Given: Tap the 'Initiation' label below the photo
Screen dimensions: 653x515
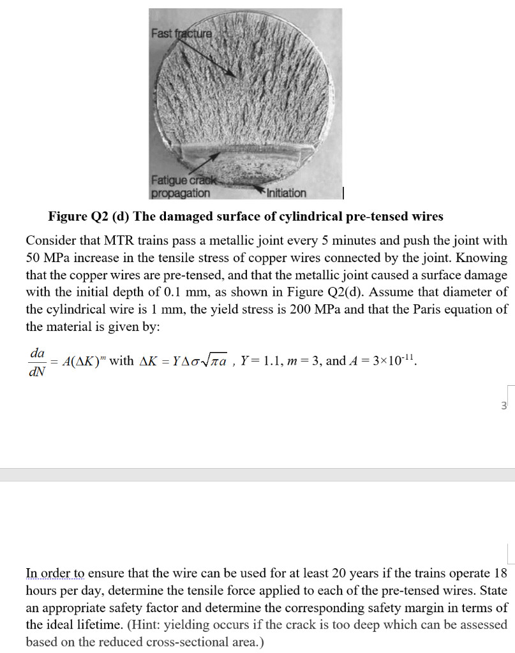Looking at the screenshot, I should point(285,193).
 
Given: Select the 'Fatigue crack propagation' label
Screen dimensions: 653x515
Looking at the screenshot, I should point(181,187).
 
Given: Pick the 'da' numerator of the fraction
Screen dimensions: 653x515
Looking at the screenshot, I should point(37,352).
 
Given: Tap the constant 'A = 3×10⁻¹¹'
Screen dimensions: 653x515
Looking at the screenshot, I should point(380,360).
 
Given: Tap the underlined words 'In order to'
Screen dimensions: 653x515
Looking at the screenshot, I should point(55,573).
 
